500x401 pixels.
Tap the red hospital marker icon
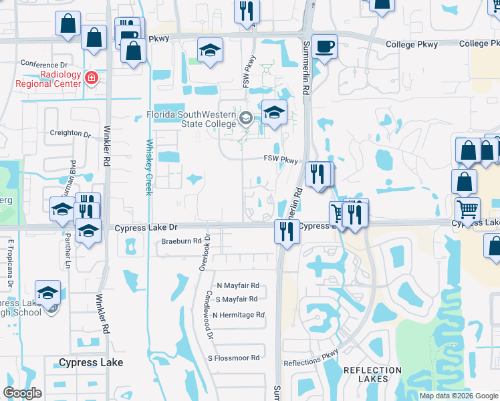(x=92, y=80)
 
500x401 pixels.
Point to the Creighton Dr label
(x=70, y=134)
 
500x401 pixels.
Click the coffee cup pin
(x=324, y=47)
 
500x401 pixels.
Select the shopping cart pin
(x=467, y=210)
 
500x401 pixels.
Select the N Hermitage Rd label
(x=239, y=315)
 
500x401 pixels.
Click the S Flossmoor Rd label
(x=233, y=358)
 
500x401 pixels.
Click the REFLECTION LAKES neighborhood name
(x=365, y=374)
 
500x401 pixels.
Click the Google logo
(x=23, y=393)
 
